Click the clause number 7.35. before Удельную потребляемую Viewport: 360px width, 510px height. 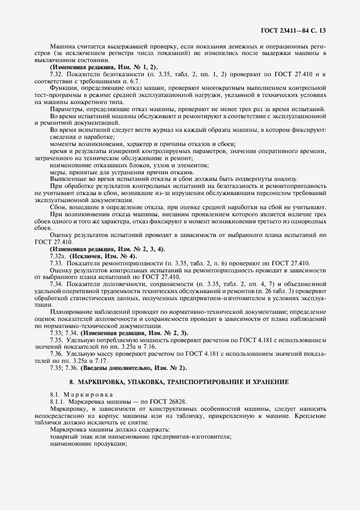(x=56, y=339)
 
